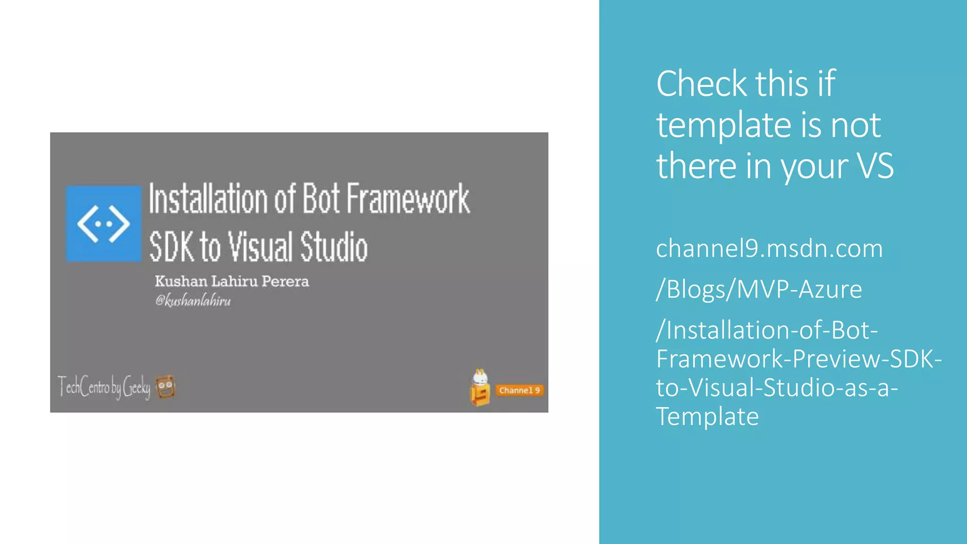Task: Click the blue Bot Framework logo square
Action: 103,223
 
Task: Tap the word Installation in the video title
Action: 208,199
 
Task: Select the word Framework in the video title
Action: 408,199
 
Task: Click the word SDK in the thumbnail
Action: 171,246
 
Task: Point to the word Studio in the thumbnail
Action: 334,246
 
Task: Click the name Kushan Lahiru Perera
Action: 232,281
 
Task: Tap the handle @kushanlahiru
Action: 193,300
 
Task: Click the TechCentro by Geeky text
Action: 104,387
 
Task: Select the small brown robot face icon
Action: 165,387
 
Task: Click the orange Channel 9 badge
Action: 519,391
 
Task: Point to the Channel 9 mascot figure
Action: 480,388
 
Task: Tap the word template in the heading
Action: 723,125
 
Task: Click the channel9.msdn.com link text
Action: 769,248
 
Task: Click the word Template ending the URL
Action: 707,416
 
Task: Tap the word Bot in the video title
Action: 321,199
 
